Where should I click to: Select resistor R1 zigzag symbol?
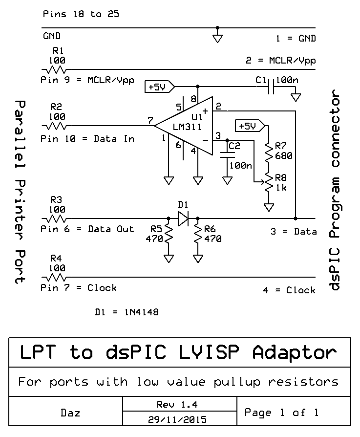tap(57, 70)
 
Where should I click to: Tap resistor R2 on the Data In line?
tap(57, 126)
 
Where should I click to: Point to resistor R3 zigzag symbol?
tap(57, 218)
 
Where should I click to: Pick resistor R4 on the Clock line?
tap(57, 277)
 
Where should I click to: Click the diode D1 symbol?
tap(183, 218)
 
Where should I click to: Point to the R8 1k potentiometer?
tap(268, 183)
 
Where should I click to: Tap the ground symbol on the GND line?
tap(218, 37)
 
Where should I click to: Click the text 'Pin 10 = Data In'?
tap(87, 139)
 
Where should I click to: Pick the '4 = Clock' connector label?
tap(289, 290)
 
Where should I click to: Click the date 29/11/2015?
tap(176, 419)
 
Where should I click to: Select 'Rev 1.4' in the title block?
tap(176, 405)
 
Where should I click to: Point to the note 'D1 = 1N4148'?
tap(127, 311)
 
